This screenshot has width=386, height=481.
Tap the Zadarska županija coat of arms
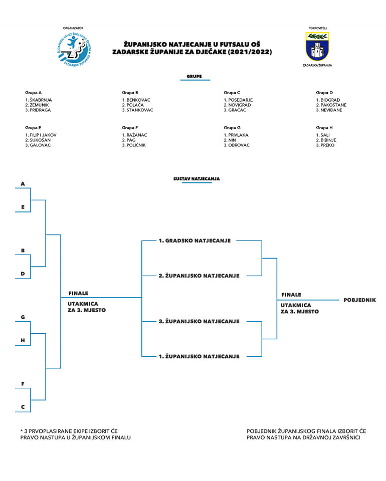(317, 47)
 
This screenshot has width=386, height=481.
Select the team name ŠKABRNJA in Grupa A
(41, 100)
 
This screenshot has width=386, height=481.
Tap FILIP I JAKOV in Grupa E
(43, 135)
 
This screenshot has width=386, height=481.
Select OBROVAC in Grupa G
(239, 145)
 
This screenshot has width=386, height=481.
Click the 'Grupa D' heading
(324, 93)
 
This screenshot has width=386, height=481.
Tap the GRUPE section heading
(195, 77)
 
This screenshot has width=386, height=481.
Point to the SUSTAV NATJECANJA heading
(197, 178)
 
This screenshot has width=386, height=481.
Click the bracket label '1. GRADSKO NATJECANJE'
(195, 241)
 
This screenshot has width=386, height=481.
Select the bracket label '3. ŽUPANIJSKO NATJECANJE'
(199, 321)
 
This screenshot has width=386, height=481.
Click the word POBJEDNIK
(359, 300)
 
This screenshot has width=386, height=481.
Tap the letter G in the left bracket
(23, 317)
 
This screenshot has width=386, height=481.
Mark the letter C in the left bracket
(23, 407)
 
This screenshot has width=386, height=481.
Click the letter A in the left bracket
(23, 184)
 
